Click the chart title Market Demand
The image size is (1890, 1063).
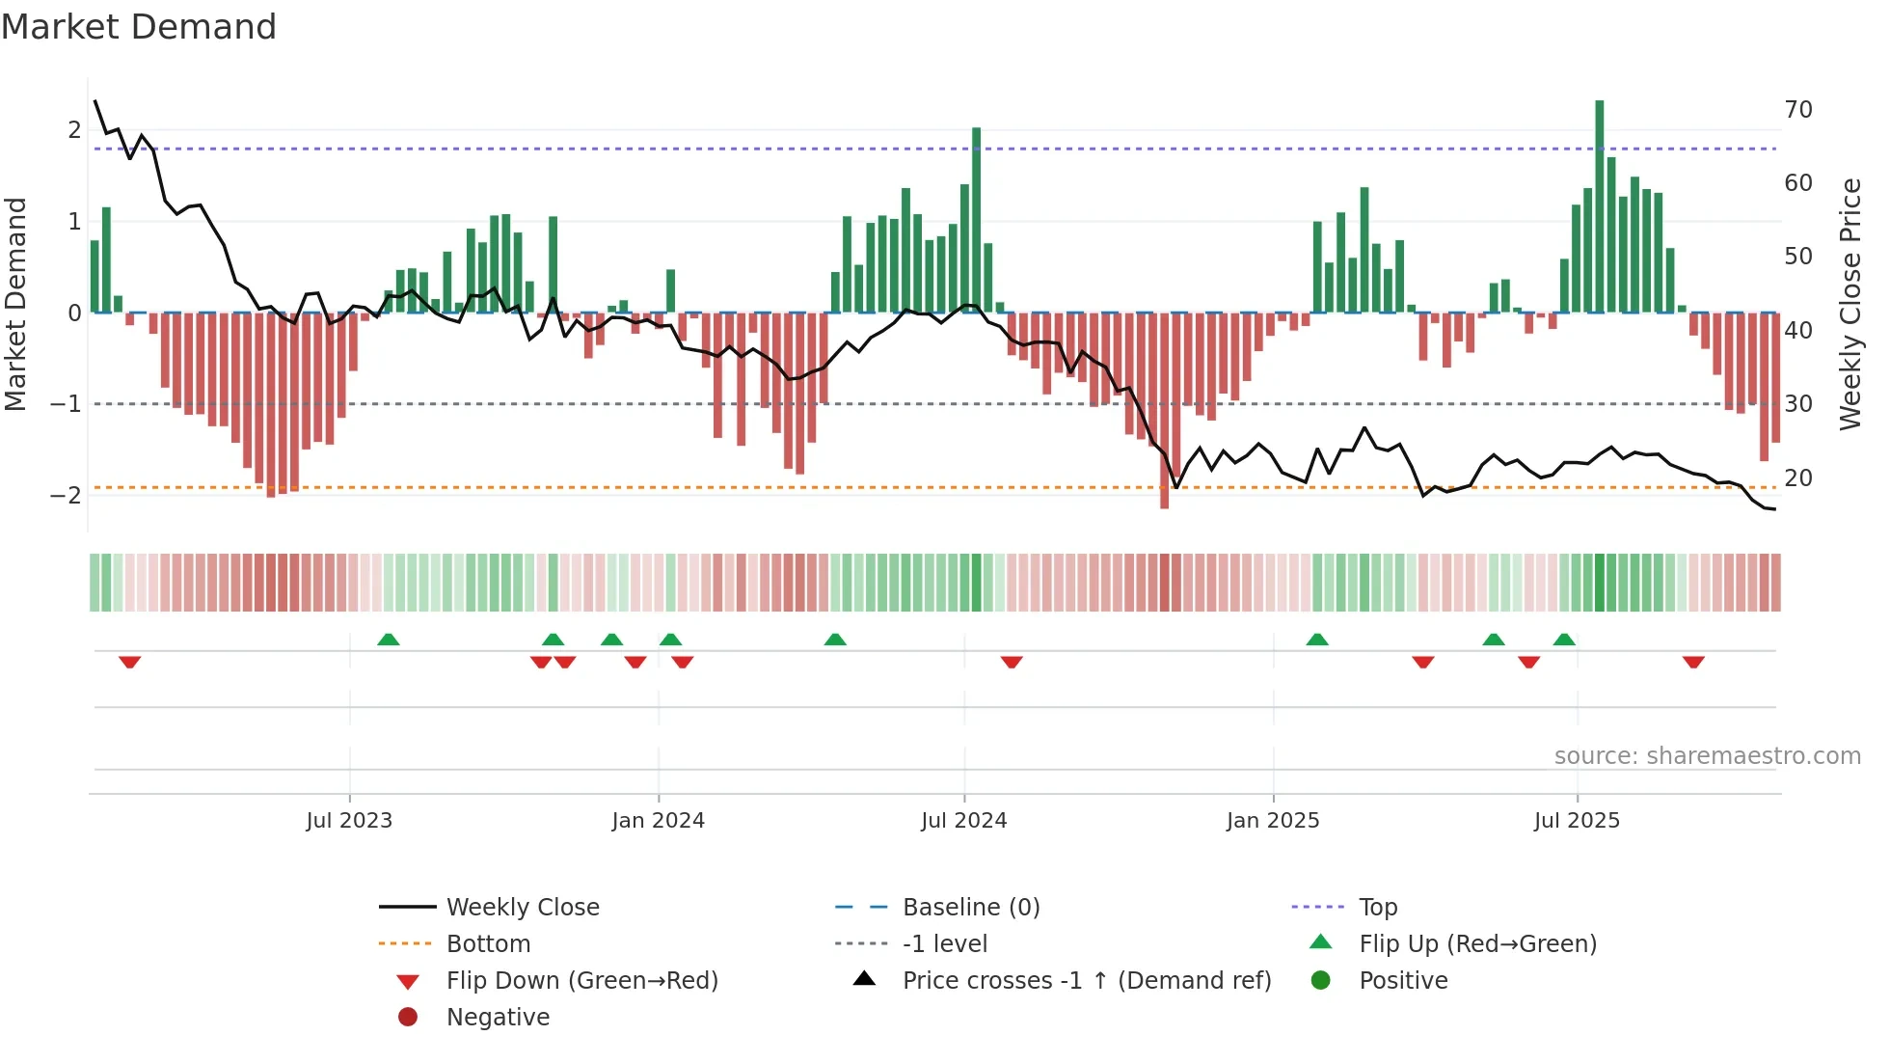(x=139, y=27)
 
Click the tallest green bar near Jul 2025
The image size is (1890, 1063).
(x=1599, y=206)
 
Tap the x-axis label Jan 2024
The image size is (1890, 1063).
(x=658, y=821)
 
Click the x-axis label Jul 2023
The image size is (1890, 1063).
(x=349, y=821)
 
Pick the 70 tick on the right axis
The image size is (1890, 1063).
(x=1797, y=110)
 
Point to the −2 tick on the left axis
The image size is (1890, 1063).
(x=66, y=496)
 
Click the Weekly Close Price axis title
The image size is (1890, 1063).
(x=1849, y=304)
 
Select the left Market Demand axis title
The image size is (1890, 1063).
(x=15, y=304)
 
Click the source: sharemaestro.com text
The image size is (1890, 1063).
(x=1707, y=756)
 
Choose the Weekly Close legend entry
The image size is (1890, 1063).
(x=522, y=908)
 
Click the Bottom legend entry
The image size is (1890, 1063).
(x=488, y=944)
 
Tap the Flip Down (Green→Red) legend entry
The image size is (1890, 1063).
(x=581, y=981)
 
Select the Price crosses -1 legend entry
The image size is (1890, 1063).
(x=1086, y=981)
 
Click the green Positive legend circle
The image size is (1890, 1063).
(x=1320, y=981)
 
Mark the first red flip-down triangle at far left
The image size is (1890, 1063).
(x=130, y=662)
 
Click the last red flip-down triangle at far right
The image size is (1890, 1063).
(x=1693, y=662)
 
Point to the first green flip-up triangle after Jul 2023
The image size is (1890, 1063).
(x=388, y=640)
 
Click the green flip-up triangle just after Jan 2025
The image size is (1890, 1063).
(x=1316, y=640)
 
